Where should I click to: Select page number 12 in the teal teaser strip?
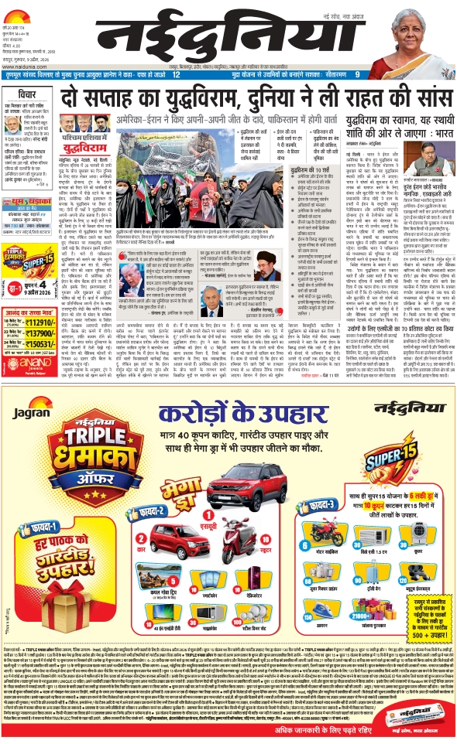[177, 74]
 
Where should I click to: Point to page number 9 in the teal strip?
[357, 74]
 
